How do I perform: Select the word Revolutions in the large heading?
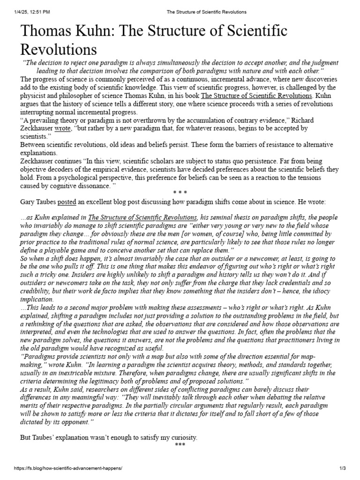(x=58, y=49)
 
